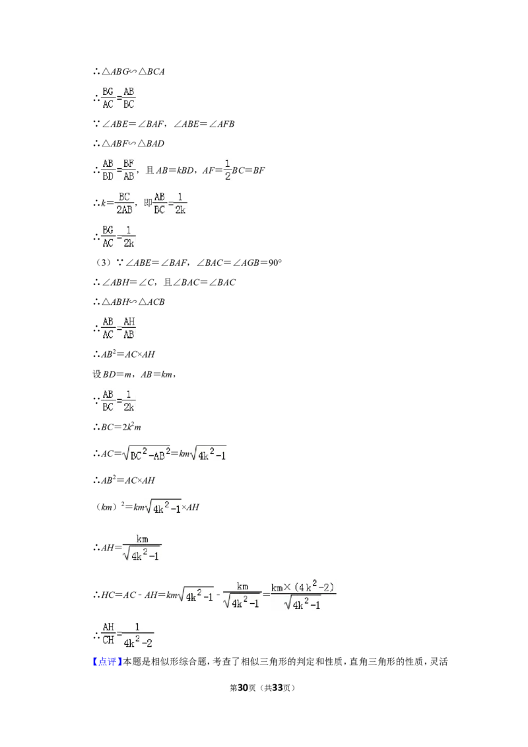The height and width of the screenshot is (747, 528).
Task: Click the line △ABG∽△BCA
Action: (x=129, y=71)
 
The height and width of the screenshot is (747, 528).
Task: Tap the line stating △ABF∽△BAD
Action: (x=129, y=143)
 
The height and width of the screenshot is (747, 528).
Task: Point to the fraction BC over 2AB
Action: (x=124, y=203)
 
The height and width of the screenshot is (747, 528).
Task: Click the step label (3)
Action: (x=103, y=263)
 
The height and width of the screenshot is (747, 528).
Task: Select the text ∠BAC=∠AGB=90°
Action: (x=239, y=263)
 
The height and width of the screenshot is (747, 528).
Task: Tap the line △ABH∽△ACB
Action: (x=129, y=302)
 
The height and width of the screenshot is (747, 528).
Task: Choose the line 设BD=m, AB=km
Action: (x=135, y=374)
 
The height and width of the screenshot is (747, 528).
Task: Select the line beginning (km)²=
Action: (x=147, y=506)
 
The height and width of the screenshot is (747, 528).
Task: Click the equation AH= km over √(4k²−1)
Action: (x=127, y=548)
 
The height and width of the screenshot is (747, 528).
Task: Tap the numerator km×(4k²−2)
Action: (x=303, y=587)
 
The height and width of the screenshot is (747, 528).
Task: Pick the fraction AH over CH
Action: (x=108, y=633)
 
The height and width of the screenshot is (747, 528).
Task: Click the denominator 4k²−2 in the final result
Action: (x=138, y=642)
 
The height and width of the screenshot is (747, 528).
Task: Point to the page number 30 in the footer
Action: (x=243, y=688)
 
